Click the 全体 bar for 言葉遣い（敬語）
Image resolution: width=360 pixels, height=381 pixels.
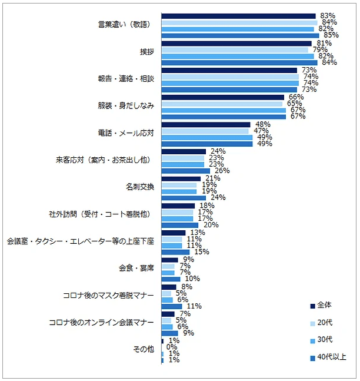pyautogui.click(x=238, y=16)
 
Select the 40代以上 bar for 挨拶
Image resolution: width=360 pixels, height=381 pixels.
pyautogui.click(x=239, y=63)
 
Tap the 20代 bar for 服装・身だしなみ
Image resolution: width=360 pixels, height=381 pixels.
pyautogui.click(x=222, y=104)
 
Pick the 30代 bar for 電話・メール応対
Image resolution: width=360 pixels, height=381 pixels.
pyautogui.click(x=206, y=137)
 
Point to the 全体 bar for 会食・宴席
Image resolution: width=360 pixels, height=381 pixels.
pyautogui.click(x=169, y=259)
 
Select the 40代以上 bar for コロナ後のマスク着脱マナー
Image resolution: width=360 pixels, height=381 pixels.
pyautogui.click(x=171, y=306)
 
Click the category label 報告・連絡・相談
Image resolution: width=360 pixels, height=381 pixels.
pyautogui.click(x=126, y=79)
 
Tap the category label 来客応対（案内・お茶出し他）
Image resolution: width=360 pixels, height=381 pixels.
pyautogui.click(x=101, y=160)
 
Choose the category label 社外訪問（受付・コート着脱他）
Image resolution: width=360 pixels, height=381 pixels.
pyautogui.click(x=101, y=214)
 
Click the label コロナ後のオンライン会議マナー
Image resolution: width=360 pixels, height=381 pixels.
pyautogui.click(x=101, y=322)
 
